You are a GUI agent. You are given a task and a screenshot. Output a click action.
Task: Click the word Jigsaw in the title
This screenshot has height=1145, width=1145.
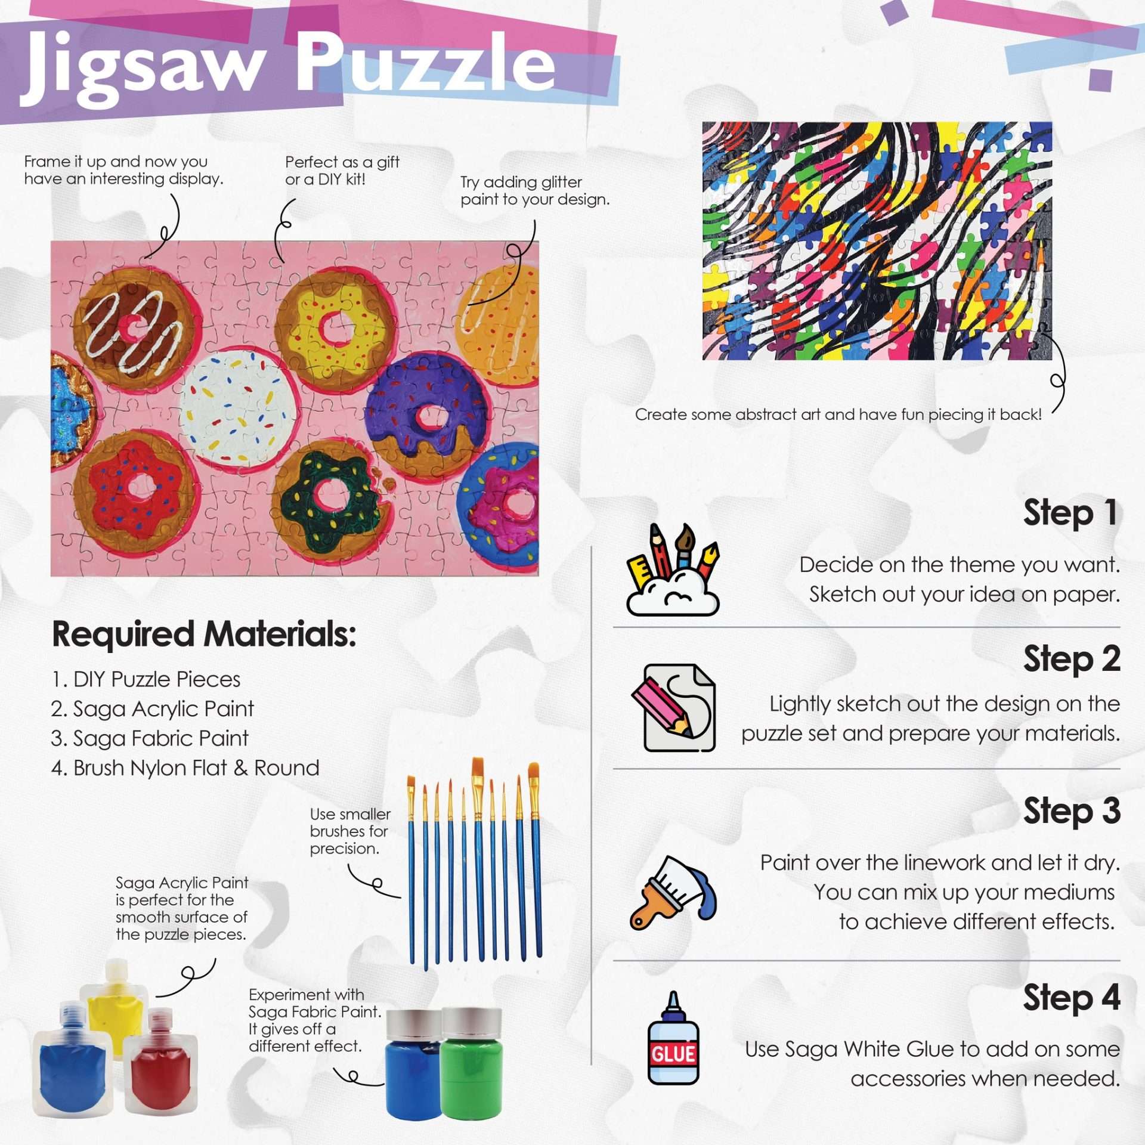tap(143, 69)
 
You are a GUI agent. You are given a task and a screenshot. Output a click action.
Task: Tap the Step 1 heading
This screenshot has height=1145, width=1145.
tap(1070, 513)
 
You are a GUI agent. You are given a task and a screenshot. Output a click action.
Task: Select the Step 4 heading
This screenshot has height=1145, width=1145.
tap(1072, 998)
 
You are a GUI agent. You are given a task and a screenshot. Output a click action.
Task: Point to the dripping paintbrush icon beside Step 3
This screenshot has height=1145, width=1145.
tap(673, 892)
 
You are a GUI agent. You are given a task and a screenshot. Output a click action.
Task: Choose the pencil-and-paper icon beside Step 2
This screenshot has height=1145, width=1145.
tap(679, 707)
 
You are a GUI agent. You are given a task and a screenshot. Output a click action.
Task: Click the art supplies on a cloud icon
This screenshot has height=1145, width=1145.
tap(673, 570)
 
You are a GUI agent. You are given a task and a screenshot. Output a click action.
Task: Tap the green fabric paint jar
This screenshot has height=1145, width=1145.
tap(472, 1062)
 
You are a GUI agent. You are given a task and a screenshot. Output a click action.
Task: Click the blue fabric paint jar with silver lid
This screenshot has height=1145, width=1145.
tap(414, 1064)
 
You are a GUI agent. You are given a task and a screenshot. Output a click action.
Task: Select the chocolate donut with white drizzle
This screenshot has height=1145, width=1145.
tap(135, 327)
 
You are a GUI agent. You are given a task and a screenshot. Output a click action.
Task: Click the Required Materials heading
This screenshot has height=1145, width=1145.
tap(204, 634)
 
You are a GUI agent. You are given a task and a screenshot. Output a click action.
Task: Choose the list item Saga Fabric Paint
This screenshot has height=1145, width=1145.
tap(150, 738)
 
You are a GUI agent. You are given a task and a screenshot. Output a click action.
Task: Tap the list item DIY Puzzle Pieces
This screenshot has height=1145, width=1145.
tap(146, 679)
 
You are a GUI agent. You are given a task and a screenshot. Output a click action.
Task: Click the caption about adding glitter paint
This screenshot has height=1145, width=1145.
tap(535, 191)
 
